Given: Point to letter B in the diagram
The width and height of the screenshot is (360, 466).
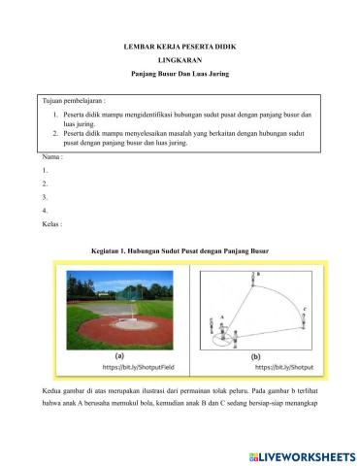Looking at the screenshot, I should [258, 275].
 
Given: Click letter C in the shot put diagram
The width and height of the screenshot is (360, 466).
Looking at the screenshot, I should [306, 310].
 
